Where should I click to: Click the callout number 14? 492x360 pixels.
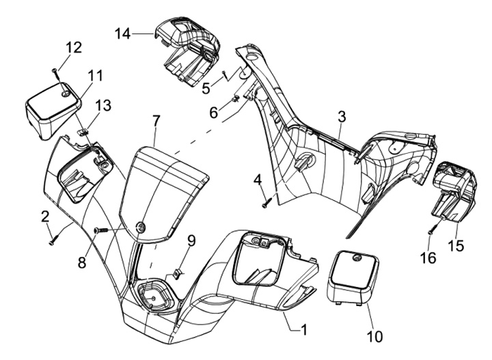[x=123, y=33]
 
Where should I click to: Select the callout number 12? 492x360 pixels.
[x=74, y=47]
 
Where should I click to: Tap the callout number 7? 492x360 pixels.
[x=156, y=121]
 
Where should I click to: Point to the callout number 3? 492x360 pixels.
[x=342, y=117]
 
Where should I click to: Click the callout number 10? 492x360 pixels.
[x=374, y=337]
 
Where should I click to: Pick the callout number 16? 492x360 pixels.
[x=428, y=258]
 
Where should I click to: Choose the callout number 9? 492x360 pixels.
[x=191, y=241]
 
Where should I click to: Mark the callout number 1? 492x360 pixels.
[x=303, y=329]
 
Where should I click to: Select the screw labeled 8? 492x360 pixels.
[x=100, y=230]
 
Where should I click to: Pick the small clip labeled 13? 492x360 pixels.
[x=82, y=130]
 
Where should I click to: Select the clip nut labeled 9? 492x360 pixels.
[x=177, y=273]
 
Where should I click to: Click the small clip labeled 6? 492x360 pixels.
[x=235, y=99]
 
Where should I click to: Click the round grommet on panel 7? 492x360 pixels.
[x=140, y=227]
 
